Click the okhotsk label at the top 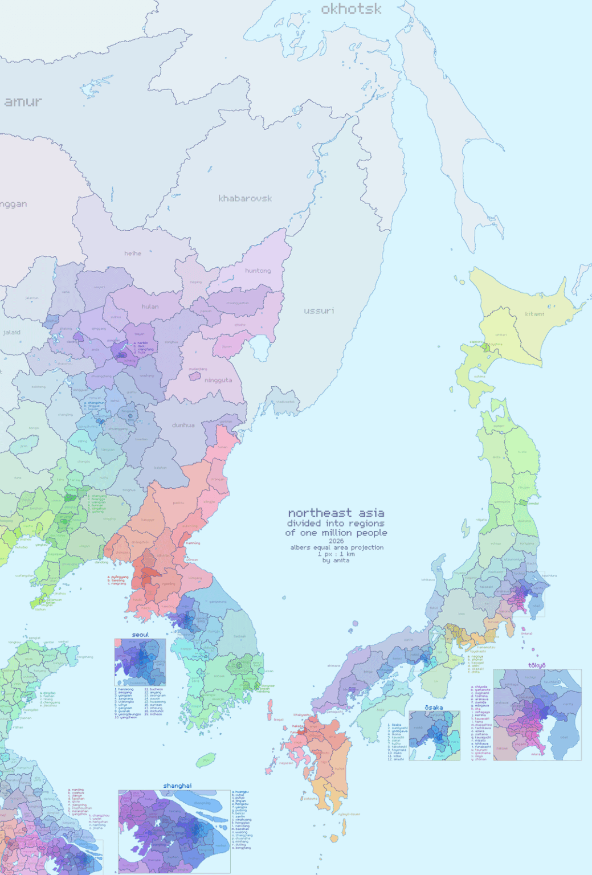click(x=351, y=9)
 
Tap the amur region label click(x=23, y=102)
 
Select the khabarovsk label click(x=245, y=198)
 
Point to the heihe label click(x=133, y=253)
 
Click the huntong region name click(x=258, y=271)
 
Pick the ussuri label click(x=319, y=310)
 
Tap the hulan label click(x=150, y=306)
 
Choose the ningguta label click(x=218, y=380)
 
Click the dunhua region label click(x=183, y=425)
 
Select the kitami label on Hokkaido click(x=534, y=314)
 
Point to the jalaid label click(x=11, y=332)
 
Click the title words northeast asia click(x=336, y=513)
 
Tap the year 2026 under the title click(x=336, y=541)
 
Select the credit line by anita click(x=336, y=560)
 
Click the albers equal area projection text click(x=337, y=547)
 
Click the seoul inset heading click(x=140, y=635)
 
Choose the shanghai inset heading click(x=177, y=786)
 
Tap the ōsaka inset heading click(x=434, y=708)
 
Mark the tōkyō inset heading click(x=537, y=665)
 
